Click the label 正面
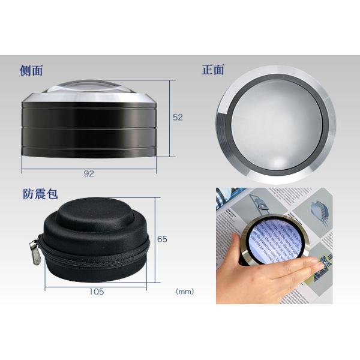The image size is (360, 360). [x=213, y=70]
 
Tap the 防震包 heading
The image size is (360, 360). [x=41, y=194]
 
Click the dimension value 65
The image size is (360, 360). [x=161, y=239]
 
